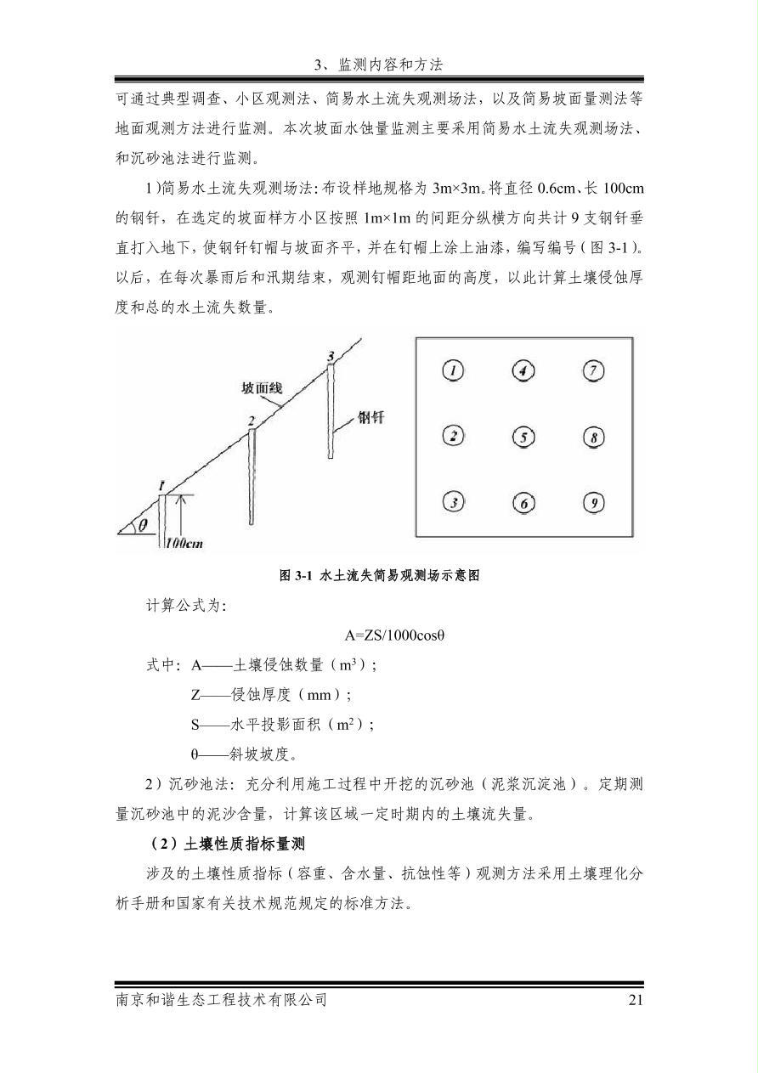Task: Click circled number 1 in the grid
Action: click(455, 370)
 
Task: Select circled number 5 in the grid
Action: click(523, 437)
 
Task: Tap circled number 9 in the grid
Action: click(593, 503)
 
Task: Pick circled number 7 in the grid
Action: click(593, 370)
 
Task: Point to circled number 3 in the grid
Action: click(455, 503)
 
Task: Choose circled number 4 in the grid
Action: click(523, 370)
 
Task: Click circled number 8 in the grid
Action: click(593, 437)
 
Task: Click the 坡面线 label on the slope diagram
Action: click(262, 388)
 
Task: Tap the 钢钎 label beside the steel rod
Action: click(375, 417)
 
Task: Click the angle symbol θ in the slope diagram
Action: click(143, 525)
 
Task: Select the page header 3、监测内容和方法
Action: click(379, 65)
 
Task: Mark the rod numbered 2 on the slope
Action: click(252, 476)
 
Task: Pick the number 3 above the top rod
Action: click(331, 354)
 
